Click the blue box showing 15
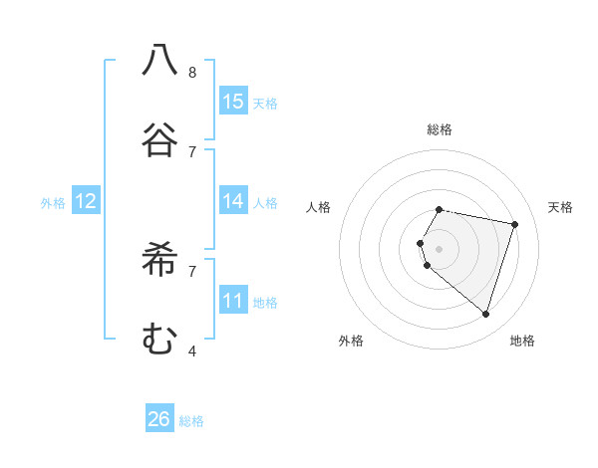click(x=233, y=102)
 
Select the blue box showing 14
click(x=233, y=201)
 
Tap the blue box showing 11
click(x=233, y=301)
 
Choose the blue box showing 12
click(x=86, y=201)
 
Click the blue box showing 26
click(x=159, y=419)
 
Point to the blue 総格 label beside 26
click(x=191, y=421)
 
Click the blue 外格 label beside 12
click(x=53, y=203)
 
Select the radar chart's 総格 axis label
click(x=440, y=129)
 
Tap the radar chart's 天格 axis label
click(x=560, y=207)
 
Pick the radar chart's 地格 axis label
click(x=522, y=341)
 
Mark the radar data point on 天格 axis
click(x=514, y=224)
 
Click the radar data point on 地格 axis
click(x=485, y=314)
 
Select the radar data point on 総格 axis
click(x=440, y=210)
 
